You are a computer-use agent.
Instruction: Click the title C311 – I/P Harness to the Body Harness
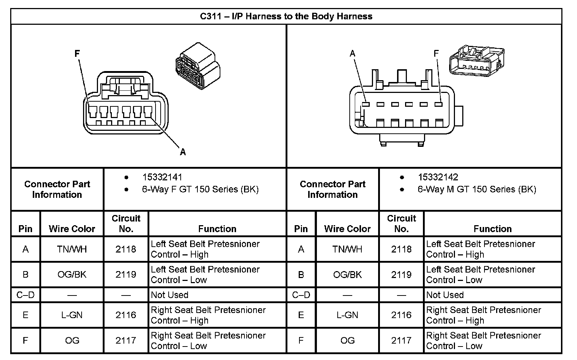point(286,16)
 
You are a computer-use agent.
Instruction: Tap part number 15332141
point(162,177)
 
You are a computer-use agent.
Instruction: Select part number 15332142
point(438,177)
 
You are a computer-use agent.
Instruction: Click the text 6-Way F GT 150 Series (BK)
point(200,189)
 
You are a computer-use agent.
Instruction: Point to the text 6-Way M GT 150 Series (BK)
point(476,189)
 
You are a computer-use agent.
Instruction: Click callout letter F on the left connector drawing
point(77,54)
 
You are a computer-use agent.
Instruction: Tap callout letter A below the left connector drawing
point(183,152)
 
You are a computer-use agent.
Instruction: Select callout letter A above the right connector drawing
point(352,54)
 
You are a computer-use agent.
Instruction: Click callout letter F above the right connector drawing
point(436,54)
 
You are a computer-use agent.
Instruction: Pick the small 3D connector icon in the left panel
point(197,66)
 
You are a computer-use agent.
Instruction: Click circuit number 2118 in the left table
point(126,249)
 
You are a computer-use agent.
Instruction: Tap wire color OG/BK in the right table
point(347,275)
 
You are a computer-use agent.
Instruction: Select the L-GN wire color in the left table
point(72,315)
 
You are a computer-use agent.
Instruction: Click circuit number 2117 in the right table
point(401,340)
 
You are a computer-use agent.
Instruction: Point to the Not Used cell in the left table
point(169,295)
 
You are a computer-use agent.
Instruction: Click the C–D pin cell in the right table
point(301,295)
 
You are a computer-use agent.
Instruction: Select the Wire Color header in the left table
point(72,229)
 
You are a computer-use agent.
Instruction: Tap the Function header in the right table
point(492,229)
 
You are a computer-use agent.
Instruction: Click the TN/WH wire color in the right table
point(347,249)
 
